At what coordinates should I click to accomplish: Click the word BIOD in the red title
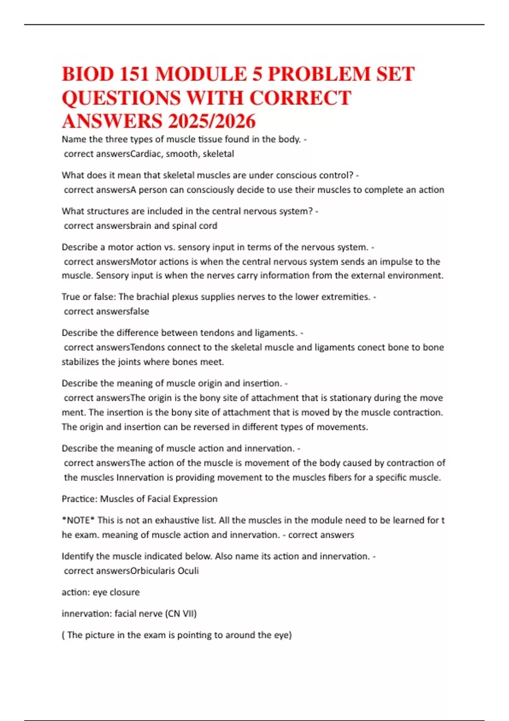pyautogui.click(x=88, y=74)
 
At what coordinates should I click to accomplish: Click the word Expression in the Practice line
pyautogui.click(x=196, y=499)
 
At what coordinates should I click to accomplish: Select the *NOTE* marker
pyautogui.click(x=78, y=520)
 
